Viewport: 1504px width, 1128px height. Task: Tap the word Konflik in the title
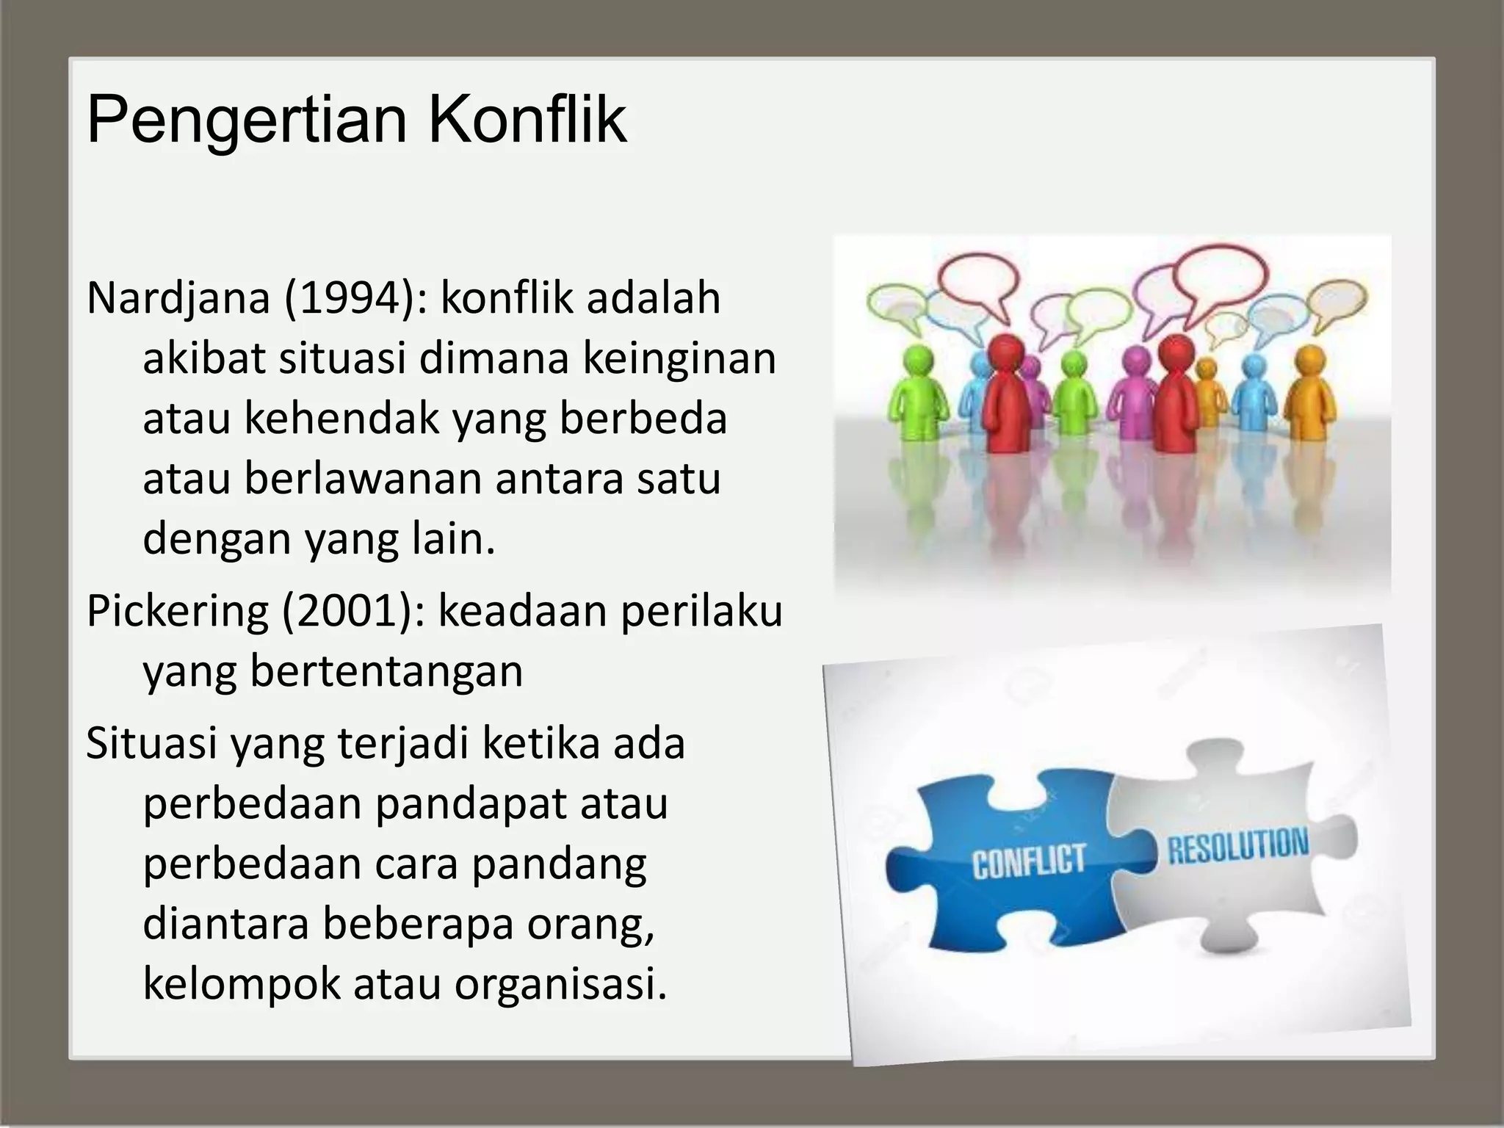pos(527,119)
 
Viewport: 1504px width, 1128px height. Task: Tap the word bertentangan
pos(386,671)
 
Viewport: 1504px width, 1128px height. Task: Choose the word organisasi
pos(560,984)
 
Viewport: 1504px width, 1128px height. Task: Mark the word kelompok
pos(242,984)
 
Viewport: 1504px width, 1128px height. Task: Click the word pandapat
pos(471,804)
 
